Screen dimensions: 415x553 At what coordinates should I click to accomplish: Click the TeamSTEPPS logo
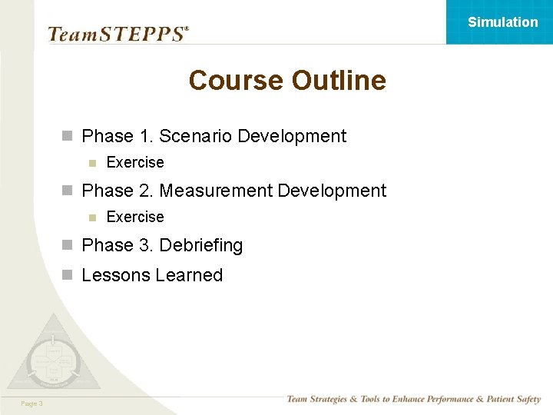coord(118,34)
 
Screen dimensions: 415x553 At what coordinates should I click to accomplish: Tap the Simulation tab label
coord(503,22)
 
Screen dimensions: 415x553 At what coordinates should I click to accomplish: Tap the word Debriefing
coord(200,245)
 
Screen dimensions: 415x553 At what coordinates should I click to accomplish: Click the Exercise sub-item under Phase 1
coord(135,162)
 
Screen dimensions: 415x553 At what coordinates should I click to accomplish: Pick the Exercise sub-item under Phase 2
coord(135,217)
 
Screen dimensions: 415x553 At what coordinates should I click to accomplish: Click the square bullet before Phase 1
coord(68,137)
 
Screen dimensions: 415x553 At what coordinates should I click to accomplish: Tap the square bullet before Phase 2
coord(68,191)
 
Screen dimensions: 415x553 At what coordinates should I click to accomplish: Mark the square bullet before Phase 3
coord(68,246)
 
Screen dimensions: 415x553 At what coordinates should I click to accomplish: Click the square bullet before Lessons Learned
coord(68,276)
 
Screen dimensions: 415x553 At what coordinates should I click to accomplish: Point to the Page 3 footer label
coord(31,403)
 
